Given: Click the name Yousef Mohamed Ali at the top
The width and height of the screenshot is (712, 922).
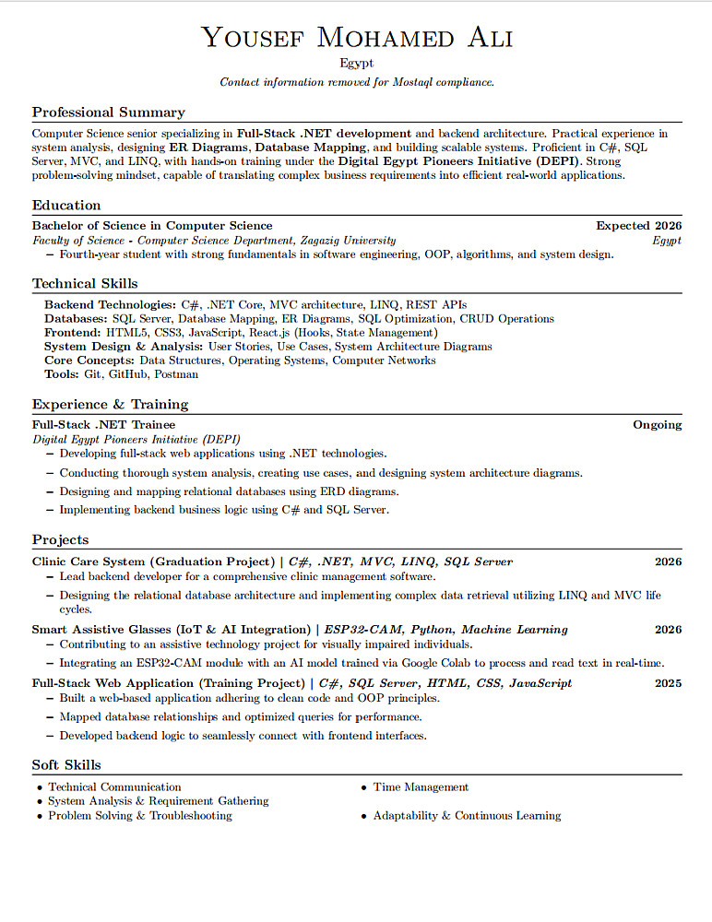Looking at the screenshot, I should coord(356,38).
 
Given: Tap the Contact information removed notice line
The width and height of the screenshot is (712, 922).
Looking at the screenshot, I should coord(356,82).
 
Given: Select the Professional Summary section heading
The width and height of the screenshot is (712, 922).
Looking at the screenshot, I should coord(109,112).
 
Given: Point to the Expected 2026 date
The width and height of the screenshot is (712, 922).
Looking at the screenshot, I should coord(638,226).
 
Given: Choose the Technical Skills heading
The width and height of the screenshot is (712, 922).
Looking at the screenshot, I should coord(85,284).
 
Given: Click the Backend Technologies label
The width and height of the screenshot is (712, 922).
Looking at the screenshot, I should coord(110,304).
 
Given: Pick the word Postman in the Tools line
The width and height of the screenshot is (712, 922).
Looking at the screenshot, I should coord(176,374).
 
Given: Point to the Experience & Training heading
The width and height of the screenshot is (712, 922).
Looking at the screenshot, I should coord(110,405).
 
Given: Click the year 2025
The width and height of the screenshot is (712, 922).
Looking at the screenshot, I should coord(668,683).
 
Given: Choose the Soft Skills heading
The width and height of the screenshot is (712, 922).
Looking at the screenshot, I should coord(66,765).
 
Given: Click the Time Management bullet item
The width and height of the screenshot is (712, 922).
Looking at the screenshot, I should coord(421,787).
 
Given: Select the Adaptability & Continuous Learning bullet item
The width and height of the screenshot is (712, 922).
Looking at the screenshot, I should coord(467,816).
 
